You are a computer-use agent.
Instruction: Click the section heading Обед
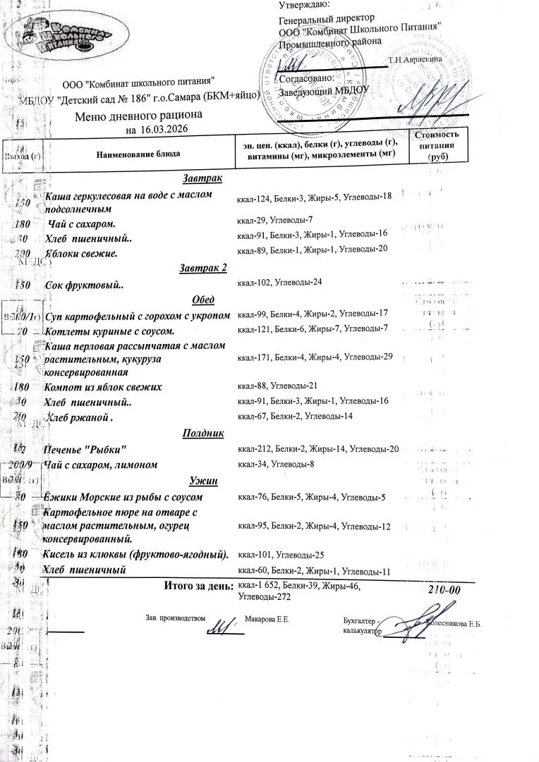(203, 300)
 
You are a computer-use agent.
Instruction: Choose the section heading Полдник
(203, 434)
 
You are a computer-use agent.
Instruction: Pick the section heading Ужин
(203, 481)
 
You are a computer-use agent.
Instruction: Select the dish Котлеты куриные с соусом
(109, 330)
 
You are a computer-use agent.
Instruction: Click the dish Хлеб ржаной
(79, 417)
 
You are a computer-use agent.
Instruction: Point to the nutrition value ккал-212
(253, 449)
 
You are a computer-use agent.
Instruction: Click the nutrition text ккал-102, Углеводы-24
(280, 283)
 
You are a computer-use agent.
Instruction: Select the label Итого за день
(198, 586)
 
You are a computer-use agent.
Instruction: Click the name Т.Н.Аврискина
(415, 59)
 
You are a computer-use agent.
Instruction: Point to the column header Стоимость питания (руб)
(437, 146)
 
